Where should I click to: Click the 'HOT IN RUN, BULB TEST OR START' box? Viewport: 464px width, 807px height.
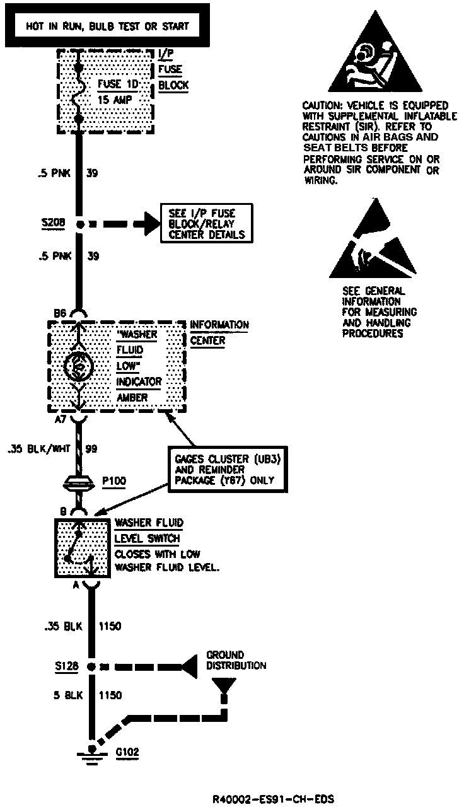(x=107, y=26)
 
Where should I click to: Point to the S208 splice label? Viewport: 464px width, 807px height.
(x=49, y=223)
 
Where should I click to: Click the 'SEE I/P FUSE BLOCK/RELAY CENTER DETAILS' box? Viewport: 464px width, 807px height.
(x=207, y=223)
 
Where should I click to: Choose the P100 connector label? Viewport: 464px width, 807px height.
(x=113, y=481)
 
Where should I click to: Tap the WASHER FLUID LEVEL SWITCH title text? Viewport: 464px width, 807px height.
(x=148, y=531)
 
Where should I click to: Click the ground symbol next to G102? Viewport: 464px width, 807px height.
(x=92, y=753)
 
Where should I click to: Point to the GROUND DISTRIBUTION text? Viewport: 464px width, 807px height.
(x=236, y=660)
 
